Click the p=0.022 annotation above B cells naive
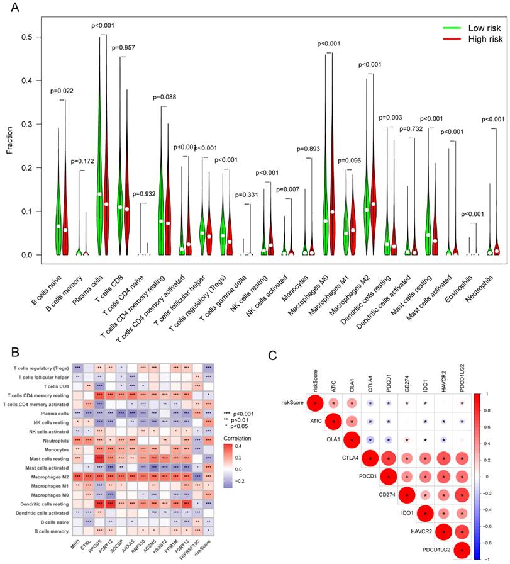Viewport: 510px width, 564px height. pos(62,91)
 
